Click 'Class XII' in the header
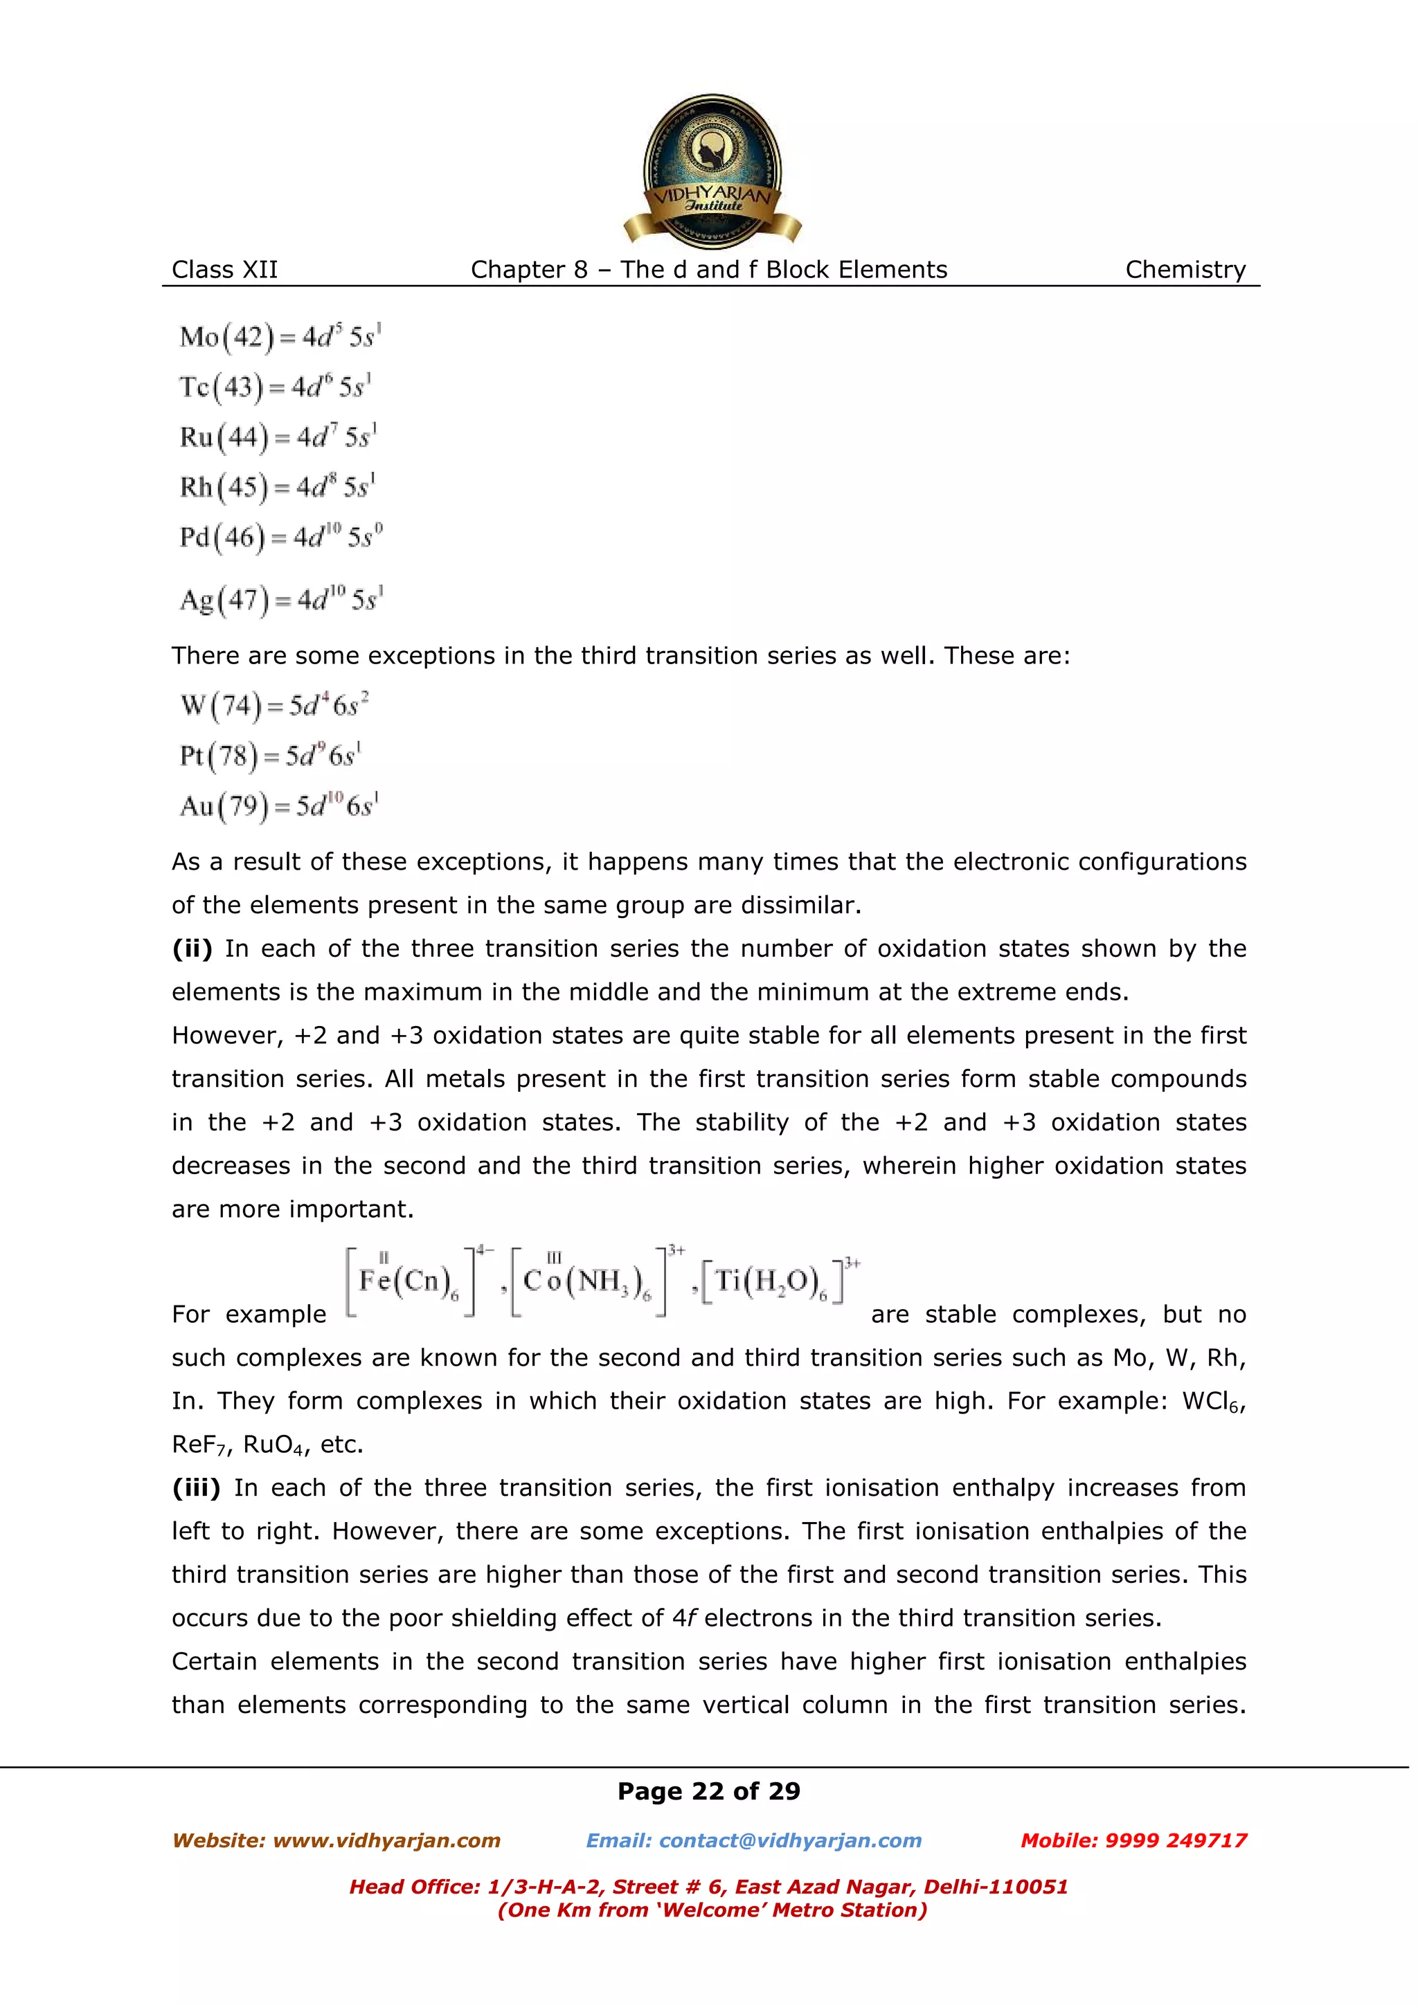coord(224,270)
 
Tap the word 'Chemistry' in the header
coord(1185,270)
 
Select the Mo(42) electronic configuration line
coord(280,337)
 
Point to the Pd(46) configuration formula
coord(280,537)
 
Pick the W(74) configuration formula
coord(274,705)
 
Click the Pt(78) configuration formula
coord(271,756)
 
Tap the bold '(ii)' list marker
coord(191,949)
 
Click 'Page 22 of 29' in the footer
coord(708,1791)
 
